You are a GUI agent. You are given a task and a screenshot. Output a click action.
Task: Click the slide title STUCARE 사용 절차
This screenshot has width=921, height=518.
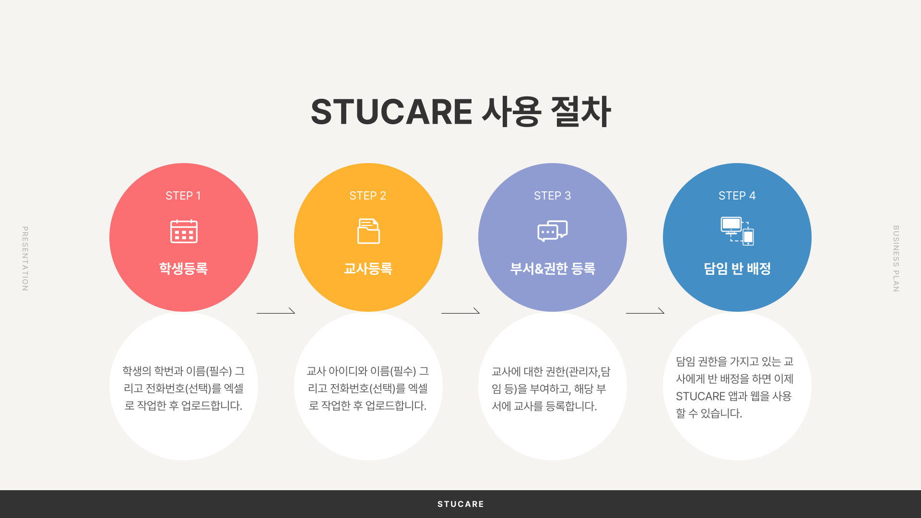tap(460, 111)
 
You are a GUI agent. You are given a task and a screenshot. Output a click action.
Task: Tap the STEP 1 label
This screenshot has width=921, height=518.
tap(183, 196)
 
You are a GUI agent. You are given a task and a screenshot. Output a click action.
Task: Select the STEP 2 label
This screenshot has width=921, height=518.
tap(368, 196)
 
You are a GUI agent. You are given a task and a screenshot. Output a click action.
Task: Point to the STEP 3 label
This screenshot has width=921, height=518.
tap(553, 196)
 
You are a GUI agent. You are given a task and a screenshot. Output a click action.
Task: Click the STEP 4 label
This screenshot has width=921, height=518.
tap(737, 196)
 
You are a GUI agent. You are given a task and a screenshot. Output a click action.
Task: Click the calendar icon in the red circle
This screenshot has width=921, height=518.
tap(184, 231)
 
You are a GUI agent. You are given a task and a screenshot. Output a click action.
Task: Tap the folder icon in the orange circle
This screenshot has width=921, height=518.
tap(368, 231)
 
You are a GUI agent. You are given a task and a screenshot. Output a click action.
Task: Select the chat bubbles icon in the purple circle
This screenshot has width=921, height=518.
tap(553, 231)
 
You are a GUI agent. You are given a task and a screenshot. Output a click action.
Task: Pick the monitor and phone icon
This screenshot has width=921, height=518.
tap(737, 231)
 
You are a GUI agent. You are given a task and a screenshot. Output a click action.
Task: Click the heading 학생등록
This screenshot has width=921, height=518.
tap(183, 269)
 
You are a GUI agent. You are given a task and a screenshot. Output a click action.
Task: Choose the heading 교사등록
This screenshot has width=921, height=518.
tap(368, 269)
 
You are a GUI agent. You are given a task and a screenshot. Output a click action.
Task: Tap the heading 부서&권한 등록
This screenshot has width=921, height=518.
tap(553, 269)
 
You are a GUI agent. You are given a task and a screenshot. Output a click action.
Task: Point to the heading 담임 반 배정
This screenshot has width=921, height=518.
tap(737, 269)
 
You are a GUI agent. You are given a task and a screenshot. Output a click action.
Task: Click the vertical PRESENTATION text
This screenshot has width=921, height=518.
tap(25, 259)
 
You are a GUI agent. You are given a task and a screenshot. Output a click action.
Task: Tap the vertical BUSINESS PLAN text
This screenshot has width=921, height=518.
tap(896, 259)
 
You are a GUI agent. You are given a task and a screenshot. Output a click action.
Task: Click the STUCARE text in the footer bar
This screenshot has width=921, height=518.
tap(460, 504)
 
